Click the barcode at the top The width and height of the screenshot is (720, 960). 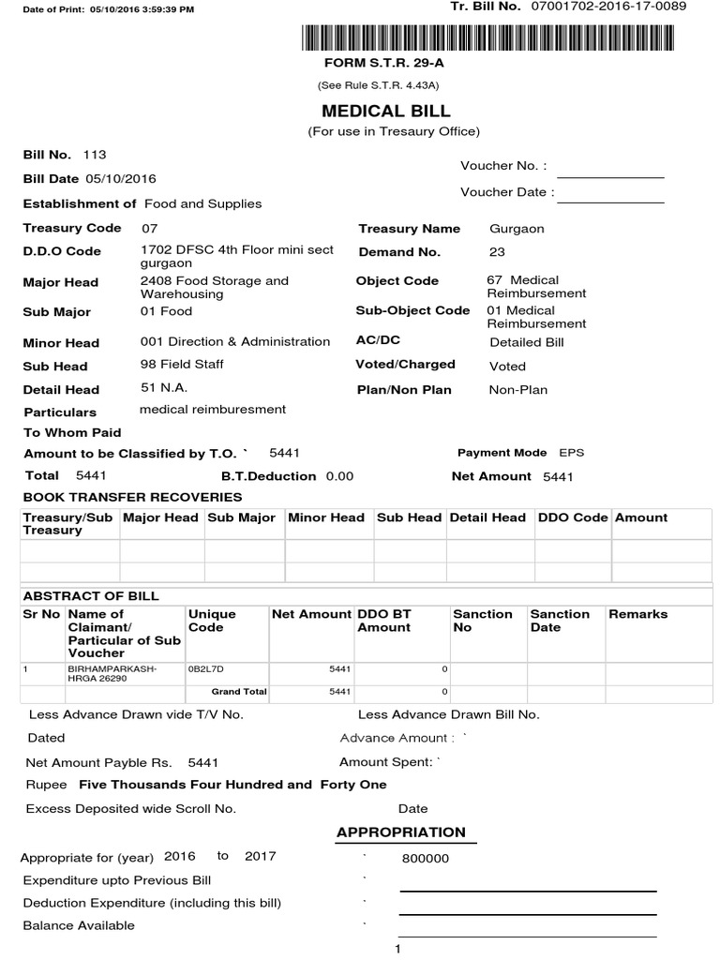[x=493, y=37]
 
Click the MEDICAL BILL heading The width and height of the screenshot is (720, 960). [x=386, y=111]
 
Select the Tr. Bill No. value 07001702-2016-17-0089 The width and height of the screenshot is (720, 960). [x=608, y=7]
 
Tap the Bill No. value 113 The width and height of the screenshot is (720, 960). [x=95, y=155]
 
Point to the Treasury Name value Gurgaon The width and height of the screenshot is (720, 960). [x=517, y=229]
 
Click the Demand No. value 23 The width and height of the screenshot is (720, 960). [x=497, y=252]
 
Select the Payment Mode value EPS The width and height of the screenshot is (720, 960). [x=571, y=453]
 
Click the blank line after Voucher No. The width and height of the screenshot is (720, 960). [x=610, y=176]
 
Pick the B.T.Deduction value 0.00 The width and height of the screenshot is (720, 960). [x=339, y=476]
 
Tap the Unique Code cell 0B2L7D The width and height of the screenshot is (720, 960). [x=206, y=669]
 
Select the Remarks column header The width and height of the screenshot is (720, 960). [x=637, y=614]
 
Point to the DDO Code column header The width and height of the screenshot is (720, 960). [x=571, y=517]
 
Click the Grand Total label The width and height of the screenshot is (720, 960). [x=239, y=692]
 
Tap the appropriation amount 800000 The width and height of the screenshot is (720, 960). [x=426, y=859]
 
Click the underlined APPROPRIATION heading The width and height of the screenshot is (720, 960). [x=400, y=832]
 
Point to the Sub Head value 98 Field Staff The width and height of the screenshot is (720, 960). [x=182, y=365]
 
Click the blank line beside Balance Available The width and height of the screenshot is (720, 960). [x=527, y=935]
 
